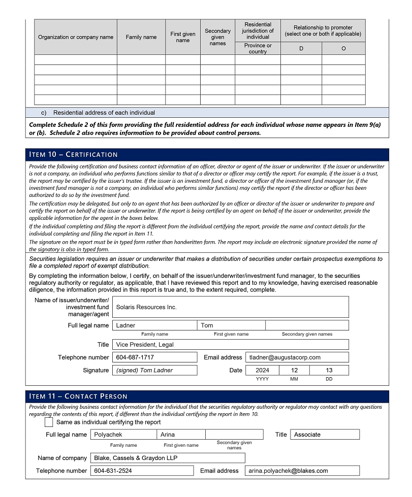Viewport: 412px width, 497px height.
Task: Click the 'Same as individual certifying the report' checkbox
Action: click(49, 422)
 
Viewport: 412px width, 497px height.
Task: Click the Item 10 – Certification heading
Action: click(74, 154)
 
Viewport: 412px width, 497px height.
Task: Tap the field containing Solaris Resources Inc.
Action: click(230, 307)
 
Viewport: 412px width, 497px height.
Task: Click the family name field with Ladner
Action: click(154, 325)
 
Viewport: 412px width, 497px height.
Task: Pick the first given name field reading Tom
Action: click(231, 325)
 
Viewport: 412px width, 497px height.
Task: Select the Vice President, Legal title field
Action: click(230, 345)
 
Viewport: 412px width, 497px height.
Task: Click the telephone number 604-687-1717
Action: click(154, 357)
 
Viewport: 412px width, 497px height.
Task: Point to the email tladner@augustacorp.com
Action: click(297, 357)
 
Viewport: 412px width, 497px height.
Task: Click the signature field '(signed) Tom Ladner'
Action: click(154, 371)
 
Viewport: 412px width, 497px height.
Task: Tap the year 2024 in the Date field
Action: click(263, 371)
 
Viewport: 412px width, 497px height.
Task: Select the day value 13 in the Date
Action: click(329, 371)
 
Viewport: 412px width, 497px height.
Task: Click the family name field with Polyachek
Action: click(123, 435)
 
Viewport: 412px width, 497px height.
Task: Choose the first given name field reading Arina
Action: click(181, 435)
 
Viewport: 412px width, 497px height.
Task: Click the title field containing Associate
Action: click(325, 435)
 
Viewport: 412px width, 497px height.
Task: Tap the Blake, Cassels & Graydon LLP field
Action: click(168, 458)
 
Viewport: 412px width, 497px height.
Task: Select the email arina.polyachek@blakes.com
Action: click(302, 471)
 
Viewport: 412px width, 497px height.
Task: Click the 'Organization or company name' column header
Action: click(76, 37)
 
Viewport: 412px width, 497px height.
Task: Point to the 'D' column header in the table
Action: click(301, 49)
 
